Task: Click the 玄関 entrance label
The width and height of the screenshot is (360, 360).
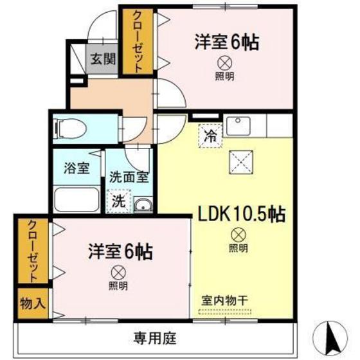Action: point(102,60)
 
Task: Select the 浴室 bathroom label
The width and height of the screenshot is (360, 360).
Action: point(76,169)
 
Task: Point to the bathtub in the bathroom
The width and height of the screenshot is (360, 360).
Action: point(76,199)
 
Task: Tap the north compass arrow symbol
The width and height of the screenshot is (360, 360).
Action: point(334,336)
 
